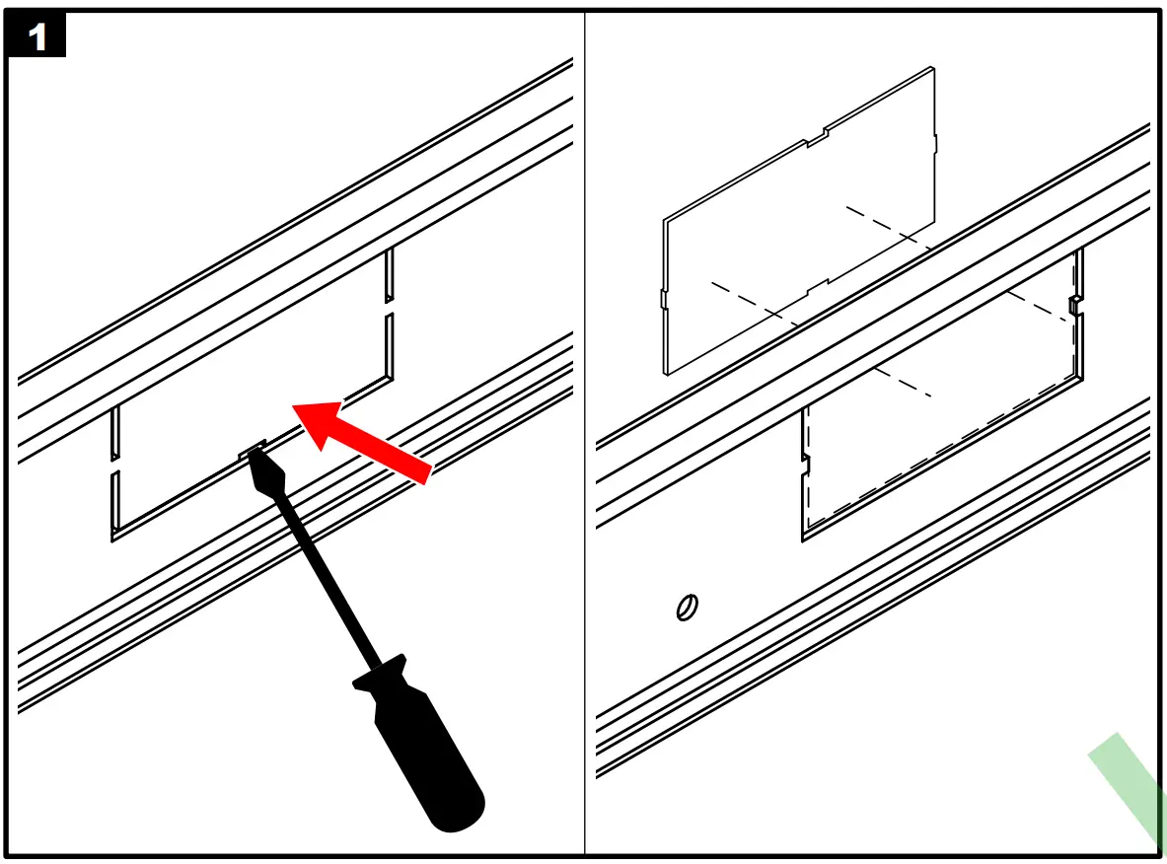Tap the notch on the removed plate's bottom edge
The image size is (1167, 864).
[x=818, y=287]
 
